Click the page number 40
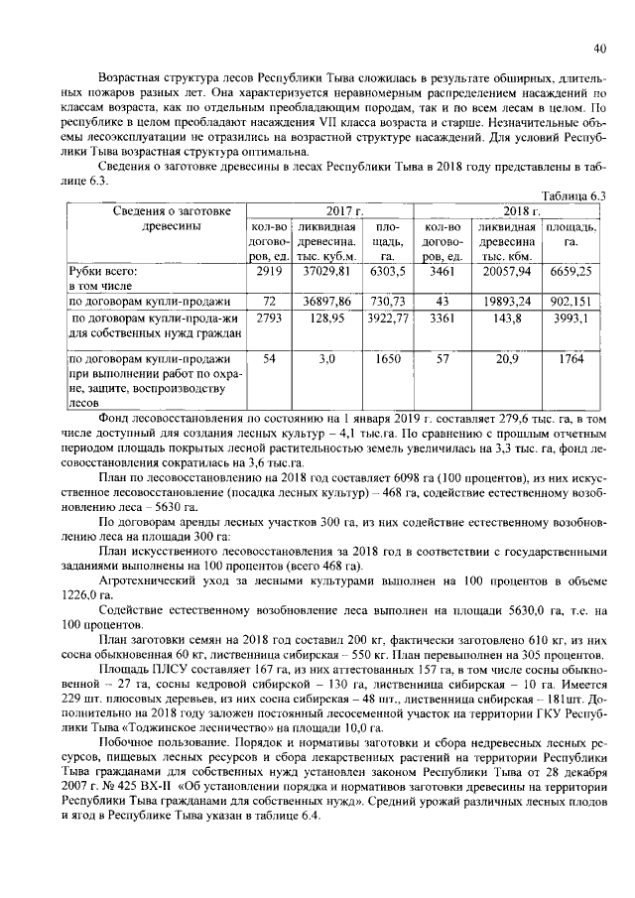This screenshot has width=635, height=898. click(599, 48)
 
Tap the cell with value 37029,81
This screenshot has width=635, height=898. click(327, 270)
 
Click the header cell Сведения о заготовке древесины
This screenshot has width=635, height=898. click(157, 218)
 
